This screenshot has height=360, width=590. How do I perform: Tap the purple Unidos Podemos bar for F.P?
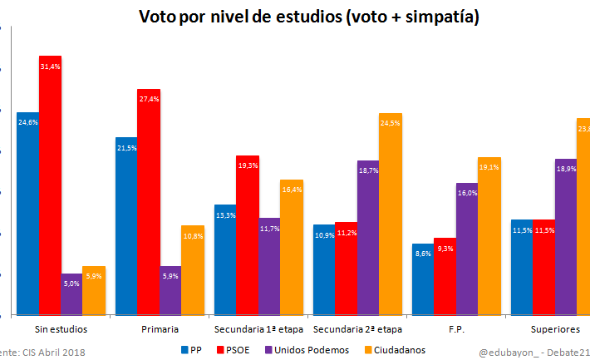(x=466, y=249)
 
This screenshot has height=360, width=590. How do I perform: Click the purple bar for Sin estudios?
(x=72, y=294)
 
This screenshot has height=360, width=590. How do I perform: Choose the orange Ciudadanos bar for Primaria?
(x=192, y=270)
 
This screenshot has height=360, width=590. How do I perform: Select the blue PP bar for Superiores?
(x=522, y=267)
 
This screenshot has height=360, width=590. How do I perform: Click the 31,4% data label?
(x=51, y=67)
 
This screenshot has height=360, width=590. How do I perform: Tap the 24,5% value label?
(x=391, y=123)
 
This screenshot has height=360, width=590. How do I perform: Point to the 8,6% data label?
(x=423, y=254)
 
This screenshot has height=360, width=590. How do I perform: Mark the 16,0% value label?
(x=466, y=193)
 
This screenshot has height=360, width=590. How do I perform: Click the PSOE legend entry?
(x=236, y=350)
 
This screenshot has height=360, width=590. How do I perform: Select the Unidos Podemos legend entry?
(x=307, y=350)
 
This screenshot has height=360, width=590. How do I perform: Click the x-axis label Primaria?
(x=160, y=329)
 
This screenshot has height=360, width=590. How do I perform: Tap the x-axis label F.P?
(x=455, y=329)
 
